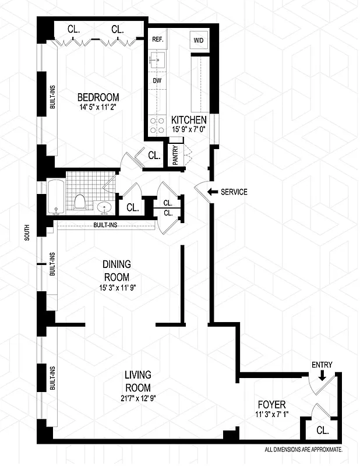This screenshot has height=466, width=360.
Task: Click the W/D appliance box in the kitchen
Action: (x=197, y=40)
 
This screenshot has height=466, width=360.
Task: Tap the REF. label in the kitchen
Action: (x=157, y=40)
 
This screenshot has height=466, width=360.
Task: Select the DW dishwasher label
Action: (x=157, y=81)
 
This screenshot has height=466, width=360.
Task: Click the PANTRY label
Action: (x=175, y=156)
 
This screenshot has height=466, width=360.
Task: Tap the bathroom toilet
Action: (x=81, y=202)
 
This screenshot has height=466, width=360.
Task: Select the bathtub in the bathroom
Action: (x=56, y=198)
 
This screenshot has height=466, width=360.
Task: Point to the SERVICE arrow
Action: (x=213, y=192)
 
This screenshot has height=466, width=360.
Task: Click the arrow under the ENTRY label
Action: (x=321, y=376)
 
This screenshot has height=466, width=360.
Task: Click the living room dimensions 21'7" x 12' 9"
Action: (x=137, y=398)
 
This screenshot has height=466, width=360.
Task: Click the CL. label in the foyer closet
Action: (x=323, y=431)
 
